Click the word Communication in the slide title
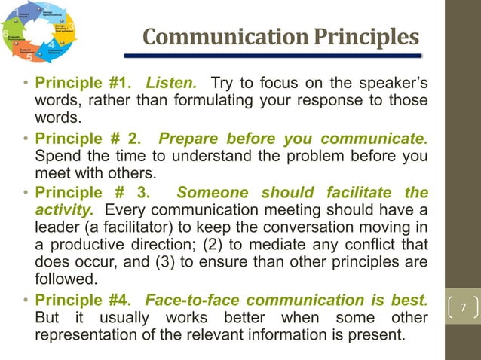[204, 36]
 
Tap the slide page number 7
[464, 309]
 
